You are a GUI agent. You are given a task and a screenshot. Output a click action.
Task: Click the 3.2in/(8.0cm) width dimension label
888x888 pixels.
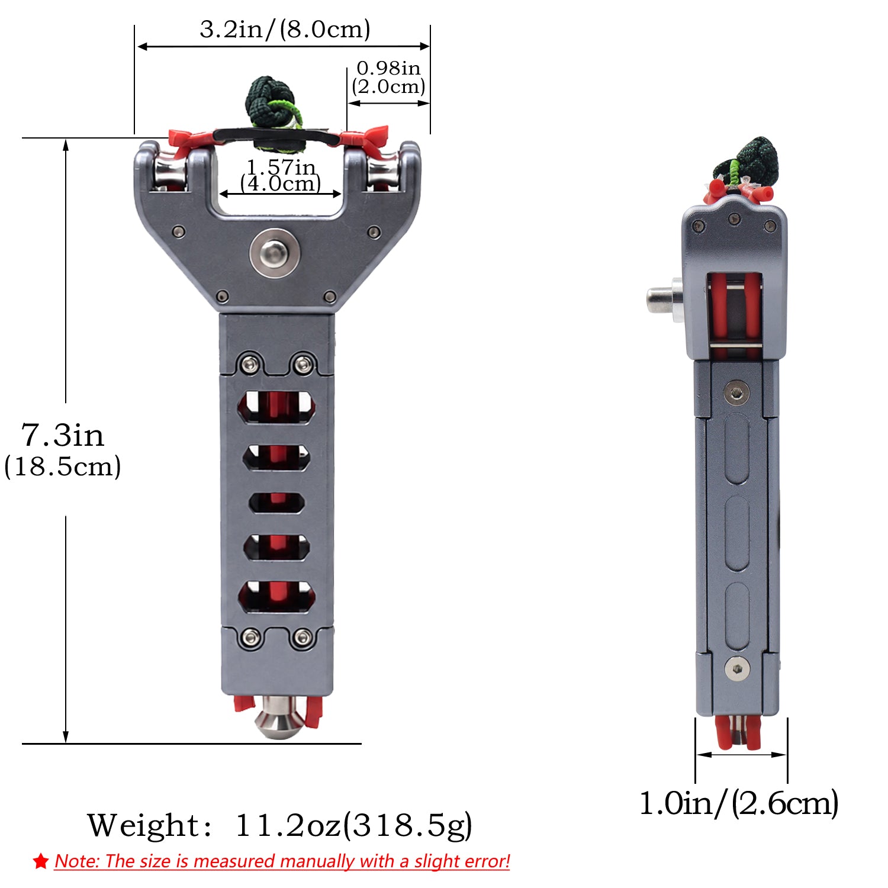coord(285,29)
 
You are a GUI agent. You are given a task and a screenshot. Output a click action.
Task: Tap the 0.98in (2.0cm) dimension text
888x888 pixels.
coord(389,78)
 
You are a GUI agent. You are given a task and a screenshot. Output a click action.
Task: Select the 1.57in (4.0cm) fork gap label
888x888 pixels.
coord(281,176)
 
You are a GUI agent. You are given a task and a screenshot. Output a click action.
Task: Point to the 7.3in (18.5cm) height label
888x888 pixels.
coord(63,450)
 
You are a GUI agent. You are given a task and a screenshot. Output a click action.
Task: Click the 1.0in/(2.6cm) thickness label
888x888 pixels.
coord(739,803)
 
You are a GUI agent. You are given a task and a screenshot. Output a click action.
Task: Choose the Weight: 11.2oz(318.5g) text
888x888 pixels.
coord(280,825)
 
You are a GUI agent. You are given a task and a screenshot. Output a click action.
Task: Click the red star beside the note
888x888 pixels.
coord(41,861)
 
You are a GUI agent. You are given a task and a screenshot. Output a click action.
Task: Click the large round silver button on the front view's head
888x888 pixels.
coord(274,253)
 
